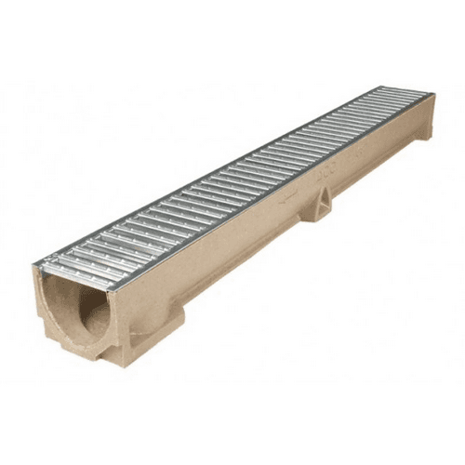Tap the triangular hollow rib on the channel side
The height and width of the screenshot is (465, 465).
tap(323, 204)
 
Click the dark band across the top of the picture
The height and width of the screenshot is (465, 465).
tap(232, 37)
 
